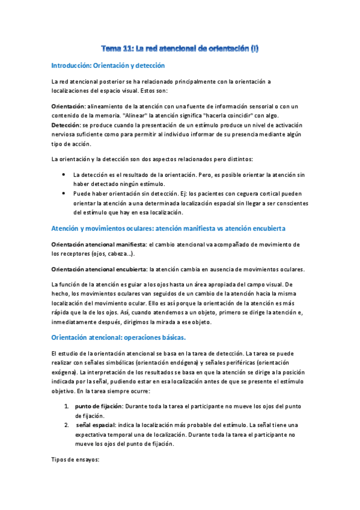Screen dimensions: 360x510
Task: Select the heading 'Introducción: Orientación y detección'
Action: (x=108, y=65)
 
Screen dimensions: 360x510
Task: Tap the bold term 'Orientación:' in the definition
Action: (x=69, y=106)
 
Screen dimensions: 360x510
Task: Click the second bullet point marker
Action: (x=65, y=194)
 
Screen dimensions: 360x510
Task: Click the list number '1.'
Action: (x=67, y=406)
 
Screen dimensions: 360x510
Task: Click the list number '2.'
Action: (x=67, y=425)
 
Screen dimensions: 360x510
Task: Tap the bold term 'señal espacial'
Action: (x=98, y=425)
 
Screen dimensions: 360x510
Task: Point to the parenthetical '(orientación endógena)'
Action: (x=206, y=363)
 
